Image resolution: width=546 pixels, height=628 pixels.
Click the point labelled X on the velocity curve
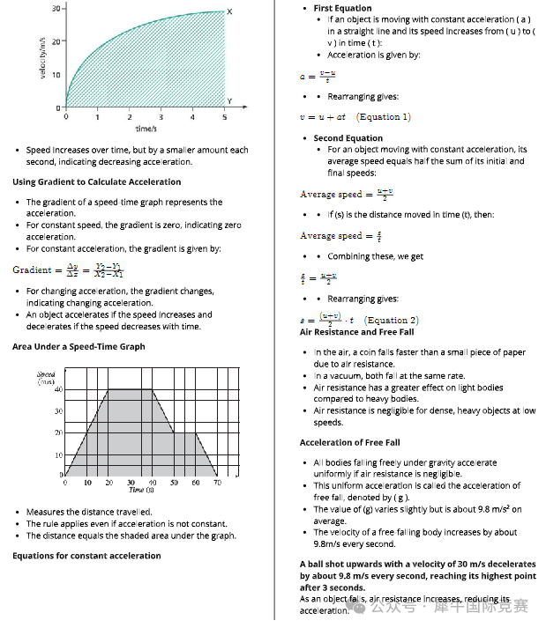229,11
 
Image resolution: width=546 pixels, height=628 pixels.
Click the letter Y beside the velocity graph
229,100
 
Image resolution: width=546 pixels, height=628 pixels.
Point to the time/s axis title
146,129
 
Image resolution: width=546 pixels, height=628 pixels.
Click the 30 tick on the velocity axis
56,8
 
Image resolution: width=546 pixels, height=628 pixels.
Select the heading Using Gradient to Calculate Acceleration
96,182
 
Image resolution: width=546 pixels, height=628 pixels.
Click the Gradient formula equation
67,270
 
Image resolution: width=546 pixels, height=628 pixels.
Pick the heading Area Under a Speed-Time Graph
79,347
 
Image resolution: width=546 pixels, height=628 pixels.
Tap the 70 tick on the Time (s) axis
217,483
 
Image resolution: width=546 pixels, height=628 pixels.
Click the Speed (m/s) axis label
46,377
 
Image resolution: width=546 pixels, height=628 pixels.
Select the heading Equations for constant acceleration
86,556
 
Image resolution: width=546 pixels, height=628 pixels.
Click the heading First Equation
342,8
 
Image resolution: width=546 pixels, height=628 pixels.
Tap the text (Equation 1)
384,117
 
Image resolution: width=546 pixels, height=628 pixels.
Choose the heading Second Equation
348,138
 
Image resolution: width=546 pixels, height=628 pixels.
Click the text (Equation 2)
392,321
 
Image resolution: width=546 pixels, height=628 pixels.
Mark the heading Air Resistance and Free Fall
356,332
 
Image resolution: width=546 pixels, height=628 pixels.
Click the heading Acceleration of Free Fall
349,442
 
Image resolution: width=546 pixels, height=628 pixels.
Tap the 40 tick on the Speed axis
58,389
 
